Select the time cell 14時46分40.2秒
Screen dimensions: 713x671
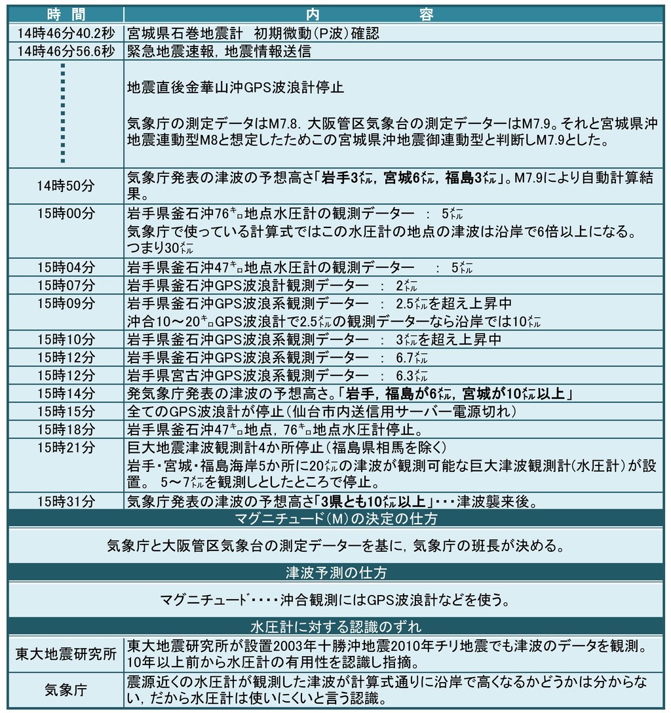point(66,33)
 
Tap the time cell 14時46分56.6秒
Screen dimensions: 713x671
point(66,52)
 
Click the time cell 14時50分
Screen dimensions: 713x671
point(66,186)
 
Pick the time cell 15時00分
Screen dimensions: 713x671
point(66,213)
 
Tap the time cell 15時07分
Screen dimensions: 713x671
point(66,285)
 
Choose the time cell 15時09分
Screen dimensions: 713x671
point(66,303)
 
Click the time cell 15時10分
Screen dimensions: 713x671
point(66,339)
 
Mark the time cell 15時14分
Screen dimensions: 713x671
point(66,393)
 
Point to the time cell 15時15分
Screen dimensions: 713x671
point(66,412)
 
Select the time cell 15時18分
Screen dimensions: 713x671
point(66,430)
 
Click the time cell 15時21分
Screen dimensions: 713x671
point(66,448)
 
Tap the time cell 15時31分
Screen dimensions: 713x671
point(66,502)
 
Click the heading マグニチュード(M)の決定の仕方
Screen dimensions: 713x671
point(335,519)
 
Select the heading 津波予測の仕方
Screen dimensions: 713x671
point(335,573)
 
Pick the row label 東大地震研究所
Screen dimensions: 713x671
point(66,653)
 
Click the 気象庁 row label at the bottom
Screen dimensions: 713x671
point(66,689)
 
